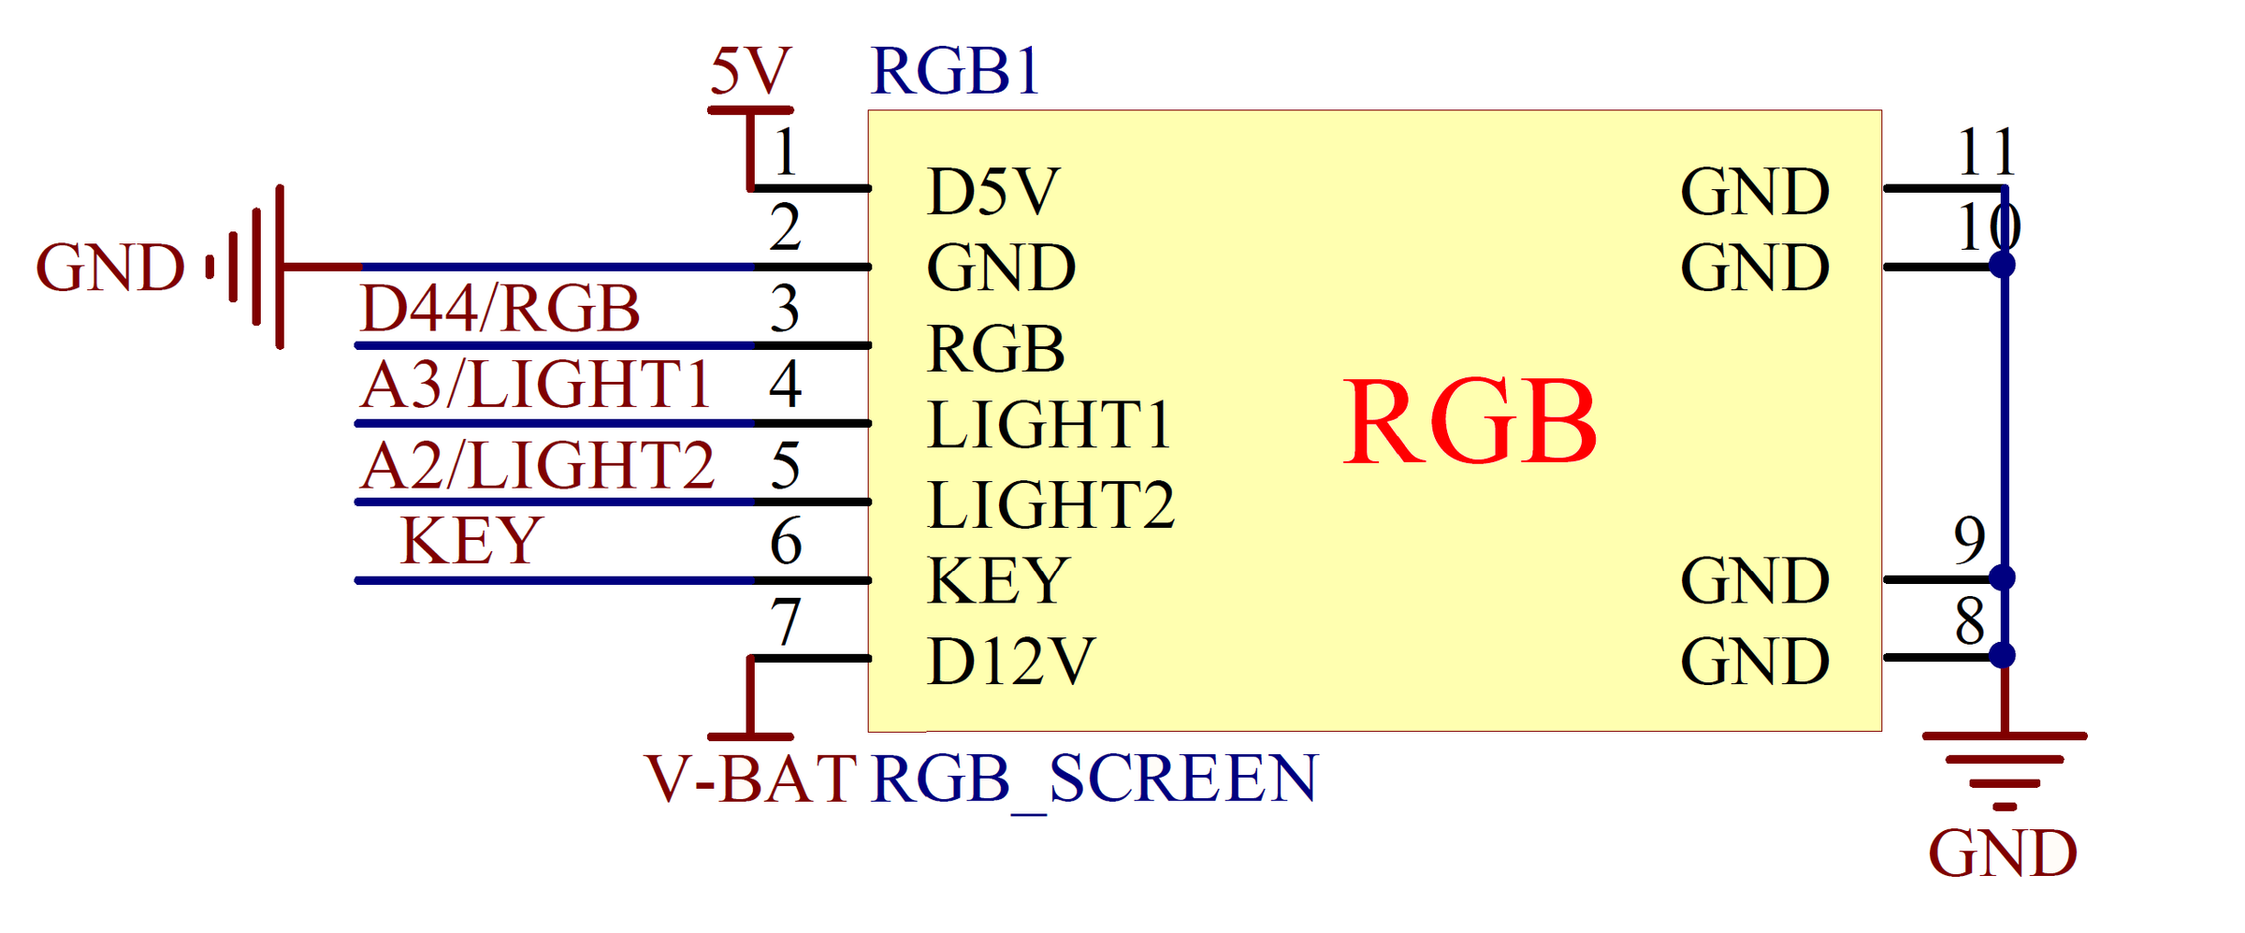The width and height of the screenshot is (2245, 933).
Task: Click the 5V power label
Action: (x=750, y=71)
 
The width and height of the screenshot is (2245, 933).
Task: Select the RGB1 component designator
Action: (x=955, y=71)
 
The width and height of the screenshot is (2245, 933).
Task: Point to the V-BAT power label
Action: (x=750, y=779)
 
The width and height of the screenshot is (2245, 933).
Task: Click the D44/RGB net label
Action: (x=500, y=308)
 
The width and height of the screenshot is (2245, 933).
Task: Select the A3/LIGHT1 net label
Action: (x=536, y=386)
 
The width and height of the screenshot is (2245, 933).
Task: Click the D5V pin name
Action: (x=993, y=192)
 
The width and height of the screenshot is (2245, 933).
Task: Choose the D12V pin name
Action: (x=1010, y=662)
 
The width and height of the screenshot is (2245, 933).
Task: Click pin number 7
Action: (x=786, y=621)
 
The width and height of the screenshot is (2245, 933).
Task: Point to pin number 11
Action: (x=1986, y=152)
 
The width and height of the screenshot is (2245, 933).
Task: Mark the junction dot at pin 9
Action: (x=2002, y=577)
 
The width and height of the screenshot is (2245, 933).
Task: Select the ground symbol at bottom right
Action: (x=2005, y=772)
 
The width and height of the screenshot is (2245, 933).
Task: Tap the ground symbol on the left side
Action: (x=245, y=267)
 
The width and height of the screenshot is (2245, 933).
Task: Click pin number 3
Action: (x=785, y=309)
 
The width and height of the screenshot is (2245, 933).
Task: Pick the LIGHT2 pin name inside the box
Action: (x=1050, y=505)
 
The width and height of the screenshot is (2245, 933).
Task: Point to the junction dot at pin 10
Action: (x=2002, y=265)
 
